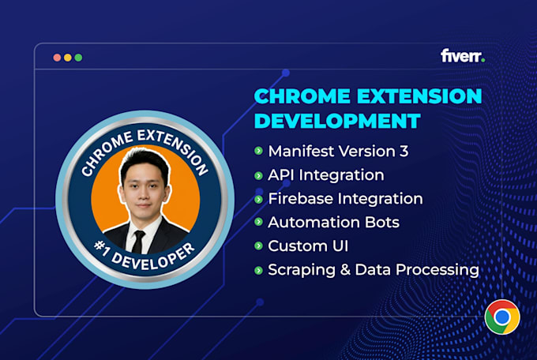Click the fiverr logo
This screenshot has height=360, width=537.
pyautogui.click(x=463, y=56)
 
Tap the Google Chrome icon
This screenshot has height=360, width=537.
pyautogui.click(x=502, y=317)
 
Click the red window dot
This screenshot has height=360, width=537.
pyautogui.click(x=57, y=58)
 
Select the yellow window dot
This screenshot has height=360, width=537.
pyautogui.click(x=68, y=58)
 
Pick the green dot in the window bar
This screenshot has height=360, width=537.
pyautogui.click(x=78, y=58)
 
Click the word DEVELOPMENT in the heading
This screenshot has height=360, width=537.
pyautogui.click(x=337, y=121)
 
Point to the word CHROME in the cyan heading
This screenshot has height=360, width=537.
pyautogui.click(x=302, y=96)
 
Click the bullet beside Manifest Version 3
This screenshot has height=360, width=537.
pyautogui.click(x=258, y=151)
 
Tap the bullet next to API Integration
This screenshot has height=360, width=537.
pyautogui.click(x=258, y=176)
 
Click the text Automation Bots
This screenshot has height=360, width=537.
pyautogui.click(x=333, y=223)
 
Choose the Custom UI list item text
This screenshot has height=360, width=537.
pyautogui.click(x=308, y=246)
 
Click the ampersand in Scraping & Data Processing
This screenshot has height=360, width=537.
pyautogui.click(x=345, y=269)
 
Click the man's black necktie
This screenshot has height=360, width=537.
pyautogui.click(x=138, y=242)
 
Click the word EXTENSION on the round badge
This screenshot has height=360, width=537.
pyautogui.click(x=174, y=151)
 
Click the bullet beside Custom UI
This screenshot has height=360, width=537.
pyautogui.click(x=258, y=246)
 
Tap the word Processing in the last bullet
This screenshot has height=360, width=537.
pyautogui.click(x=437, y=270)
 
